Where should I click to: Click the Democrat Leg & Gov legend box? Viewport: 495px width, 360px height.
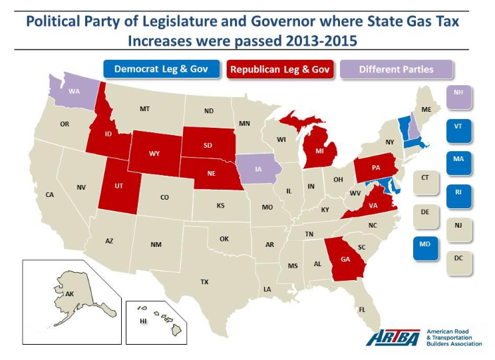pos(161,69)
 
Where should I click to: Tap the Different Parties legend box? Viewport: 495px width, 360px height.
pos(396,69)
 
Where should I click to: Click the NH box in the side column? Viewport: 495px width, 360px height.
pos(458,96)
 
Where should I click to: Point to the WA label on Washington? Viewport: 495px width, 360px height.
pos(75,91)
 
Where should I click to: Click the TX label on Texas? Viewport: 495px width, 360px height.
pos(204,282)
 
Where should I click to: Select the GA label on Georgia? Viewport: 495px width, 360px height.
pos(345,259)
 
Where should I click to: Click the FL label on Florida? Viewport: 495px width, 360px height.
pos(363,309)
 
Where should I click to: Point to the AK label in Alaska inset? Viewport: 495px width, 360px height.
pos(69,293)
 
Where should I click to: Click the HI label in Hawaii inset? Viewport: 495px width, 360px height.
pos(143,321)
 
